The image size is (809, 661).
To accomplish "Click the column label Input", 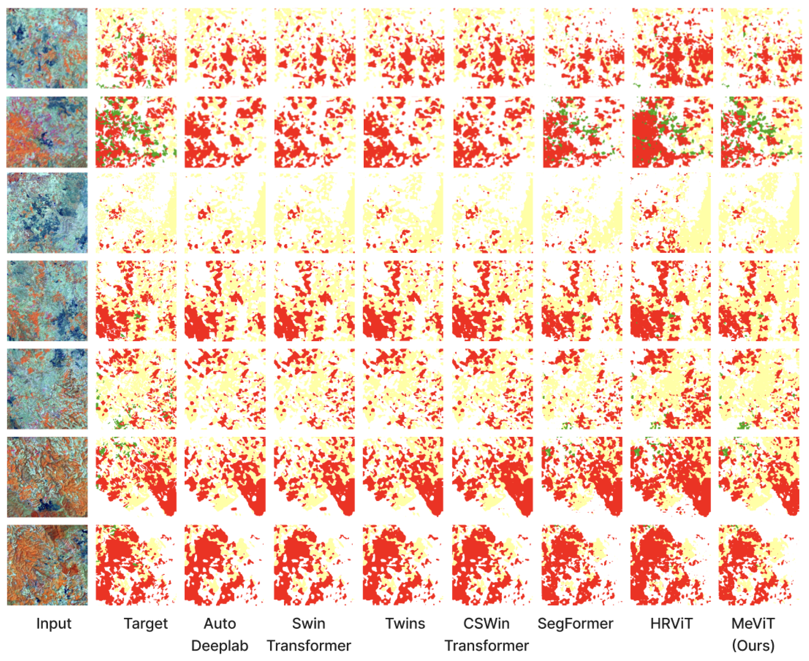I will (x=54, y=624).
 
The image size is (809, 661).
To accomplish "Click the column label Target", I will (x=146, y=624).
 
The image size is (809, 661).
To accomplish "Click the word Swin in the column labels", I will (x=308, y=624).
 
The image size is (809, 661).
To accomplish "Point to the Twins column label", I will (x=405, y=624).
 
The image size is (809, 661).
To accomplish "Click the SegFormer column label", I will (x=575, y=624).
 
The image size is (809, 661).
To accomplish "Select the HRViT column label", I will (x=671, y=624).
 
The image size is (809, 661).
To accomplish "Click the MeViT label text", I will (x=753, y=624).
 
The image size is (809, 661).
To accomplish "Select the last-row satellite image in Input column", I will (x=47, y=565).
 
